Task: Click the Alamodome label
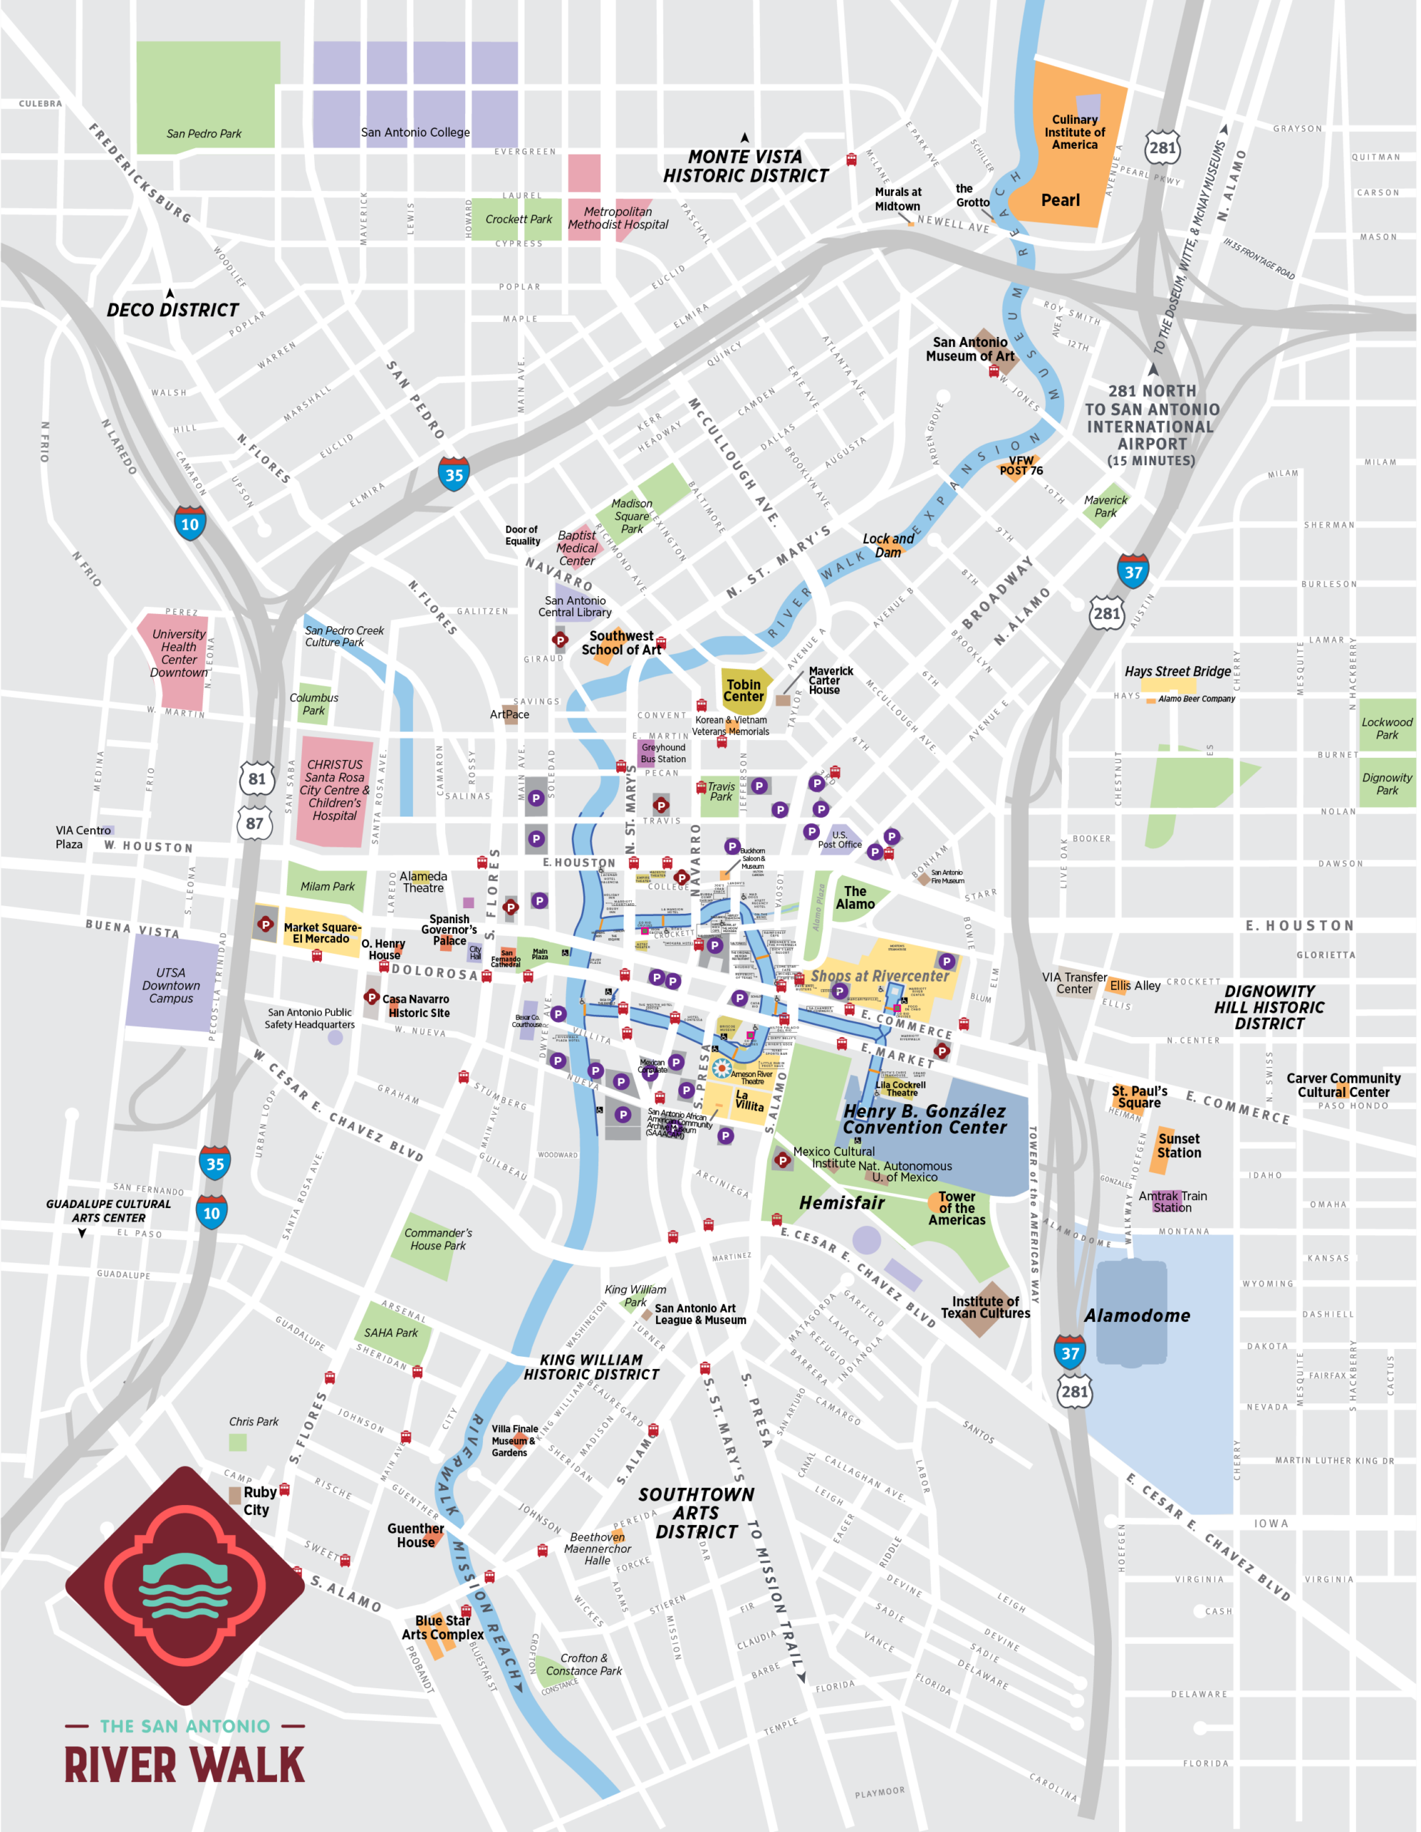pos(1137,1315)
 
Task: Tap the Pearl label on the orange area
pos(1060,200)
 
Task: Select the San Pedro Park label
pos(204,133)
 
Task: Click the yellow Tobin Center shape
pos(743,691)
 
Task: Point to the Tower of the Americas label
pos(957,1208)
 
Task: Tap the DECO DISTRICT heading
pos(173,310)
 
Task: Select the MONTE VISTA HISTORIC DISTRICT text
pos(745,166)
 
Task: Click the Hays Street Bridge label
pos(1178,671)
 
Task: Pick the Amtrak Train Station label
pos(1173,1202)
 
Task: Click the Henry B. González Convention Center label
pos(924,1119)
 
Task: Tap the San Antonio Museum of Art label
pos(970,349)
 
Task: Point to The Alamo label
pos(855,897)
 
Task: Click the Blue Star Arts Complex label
pos(442,1627)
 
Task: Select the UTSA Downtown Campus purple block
pos(171,985)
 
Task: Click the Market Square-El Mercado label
pos(321,932)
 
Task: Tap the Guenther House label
pos(415,1535)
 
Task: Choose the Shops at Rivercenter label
pos(879,975)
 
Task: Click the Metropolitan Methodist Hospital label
pos(617,218)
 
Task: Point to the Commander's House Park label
pos(437,1239)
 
